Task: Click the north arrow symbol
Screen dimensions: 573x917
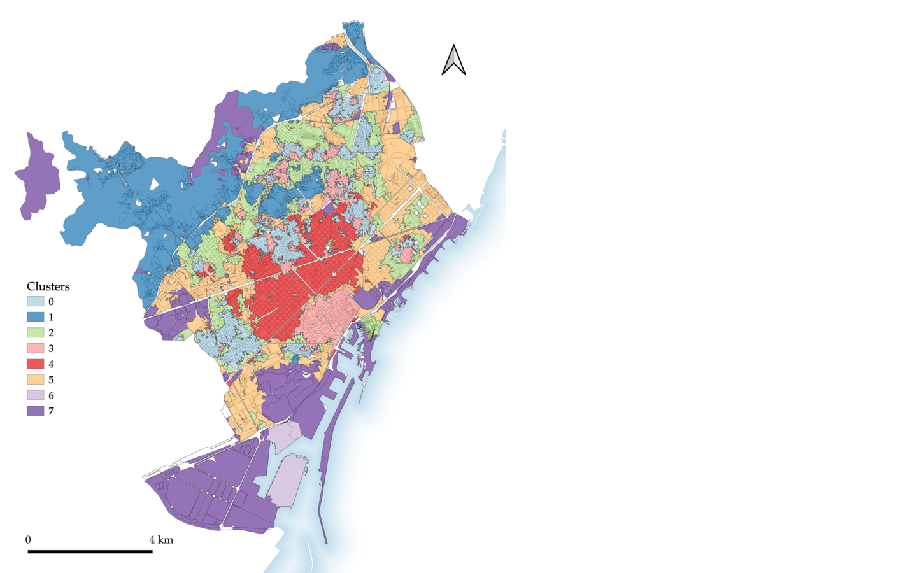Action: pos(453,60)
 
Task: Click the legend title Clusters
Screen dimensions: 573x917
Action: pos(48,286)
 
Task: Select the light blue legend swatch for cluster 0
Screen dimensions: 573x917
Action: pos(35,301)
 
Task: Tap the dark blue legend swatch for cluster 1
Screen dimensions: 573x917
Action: pos(35,316)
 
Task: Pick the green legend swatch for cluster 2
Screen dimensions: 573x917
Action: pos(35,332)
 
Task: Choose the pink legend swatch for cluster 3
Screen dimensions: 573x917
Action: pos(35,348)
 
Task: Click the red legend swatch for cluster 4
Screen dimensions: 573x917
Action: pos(35,364)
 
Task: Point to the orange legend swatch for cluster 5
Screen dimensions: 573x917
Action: pos(35,379)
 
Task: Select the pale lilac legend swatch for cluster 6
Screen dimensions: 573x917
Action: pos(35,395)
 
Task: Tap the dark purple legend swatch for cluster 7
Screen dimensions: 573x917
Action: pos(35,411)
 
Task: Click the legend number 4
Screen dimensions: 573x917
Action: pos(51,364)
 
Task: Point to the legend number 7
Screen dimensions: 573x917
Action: pos(51,411)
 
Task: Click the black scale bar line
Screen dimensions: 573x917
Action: pos(90,551)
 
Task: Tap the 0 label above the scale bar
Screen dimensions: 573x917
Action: pos(28,540)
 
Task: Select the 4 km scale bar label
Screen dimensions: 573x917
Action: pos(161,540)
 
